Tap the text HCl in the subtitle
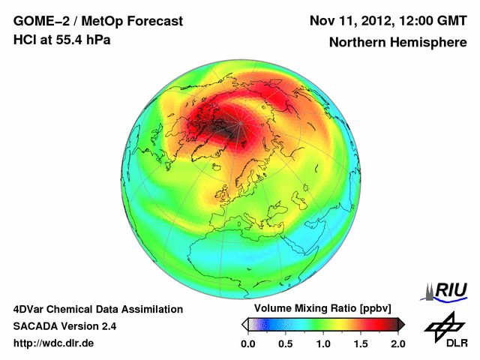(x=25, y=40)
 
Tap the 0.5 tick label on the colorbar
(x=285, y=343)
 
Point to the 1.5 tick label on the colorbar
(x=360, y=343)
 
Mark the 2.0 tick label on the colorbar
(x=397, y=343)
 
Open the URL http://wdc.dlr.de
(x=54, y=343)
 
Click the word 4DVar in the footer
(x=28, y=309)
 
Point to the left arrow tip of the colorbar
(x=243, y=324)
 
